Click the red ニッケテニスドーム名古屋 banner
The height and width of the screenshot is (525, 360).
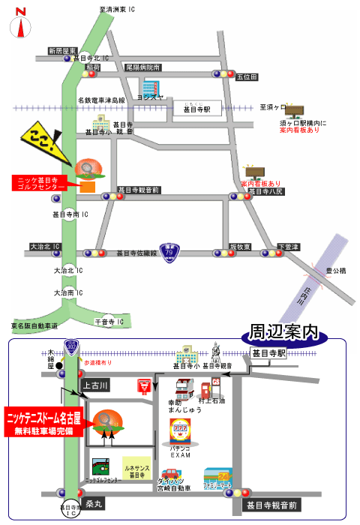44,422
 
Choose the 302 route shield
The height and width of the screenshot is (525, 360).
72,347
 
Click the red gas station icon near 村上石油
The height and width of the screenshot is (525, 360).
205,388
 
